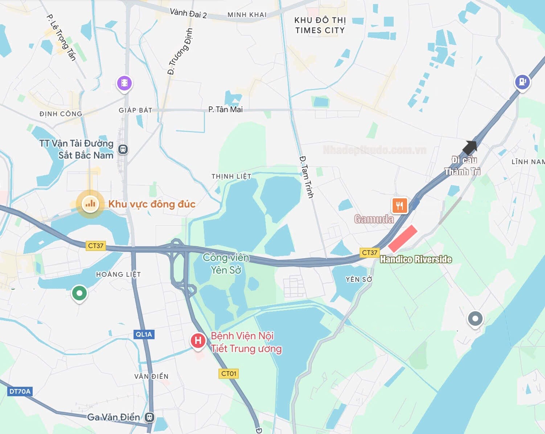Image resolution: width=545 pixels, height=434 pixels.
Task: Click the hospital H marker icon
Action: (198, 340)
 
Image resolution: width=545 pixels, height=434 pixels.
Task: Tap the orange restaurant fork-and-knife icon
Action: (399, 206)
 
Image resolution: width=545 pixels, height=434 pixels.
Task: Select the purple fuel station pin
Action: (522, 82)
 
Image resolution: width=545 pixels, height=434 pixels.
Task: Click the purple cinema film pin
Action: (124, 83)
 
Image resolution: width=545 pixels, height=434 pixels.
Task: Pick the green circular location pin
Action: (79, 293)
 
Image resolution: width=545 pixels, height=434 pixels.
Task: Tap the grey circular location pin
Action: (475, 319)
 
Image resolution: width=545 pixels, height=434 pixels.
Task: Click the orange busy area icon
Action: (90, 204)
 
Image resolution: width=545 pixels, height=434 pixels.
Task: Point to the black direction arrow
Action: (470, 147)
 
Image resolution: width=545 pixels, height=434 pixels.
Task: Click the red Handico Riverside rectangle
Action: (403, 238)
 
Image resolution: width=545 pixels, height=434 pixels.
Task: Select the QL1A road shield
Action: (144, 334)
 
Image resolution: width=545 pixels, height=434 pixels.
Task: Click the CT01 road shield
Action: (229, 373)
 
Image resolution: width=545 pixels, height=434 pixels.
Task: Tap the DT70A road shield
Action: (20, 392)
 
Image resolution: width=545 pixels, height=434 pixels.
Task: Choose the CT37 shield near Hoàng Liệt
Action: (96, 246)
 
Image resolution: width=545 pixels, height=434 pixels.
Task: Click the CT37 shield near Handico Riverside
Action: (369, 252)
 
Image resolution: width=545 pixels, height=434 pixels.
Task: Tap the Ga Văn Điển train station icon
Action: (149, 417)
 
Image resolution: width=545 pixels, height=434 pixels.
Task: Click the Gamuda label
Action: (374, 219)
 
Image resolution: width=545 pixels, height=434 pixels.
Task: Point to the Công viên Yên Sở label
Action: (226, 264)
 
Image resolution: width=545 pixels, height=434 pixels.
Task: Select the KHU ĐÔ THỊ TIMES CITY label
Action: (320, 25)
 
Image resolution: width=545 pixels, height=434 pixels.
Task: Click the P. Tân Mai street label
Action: (225, 109)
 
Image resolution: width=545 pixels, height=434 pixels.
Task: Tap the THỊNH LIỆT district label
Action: (231, 177)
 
